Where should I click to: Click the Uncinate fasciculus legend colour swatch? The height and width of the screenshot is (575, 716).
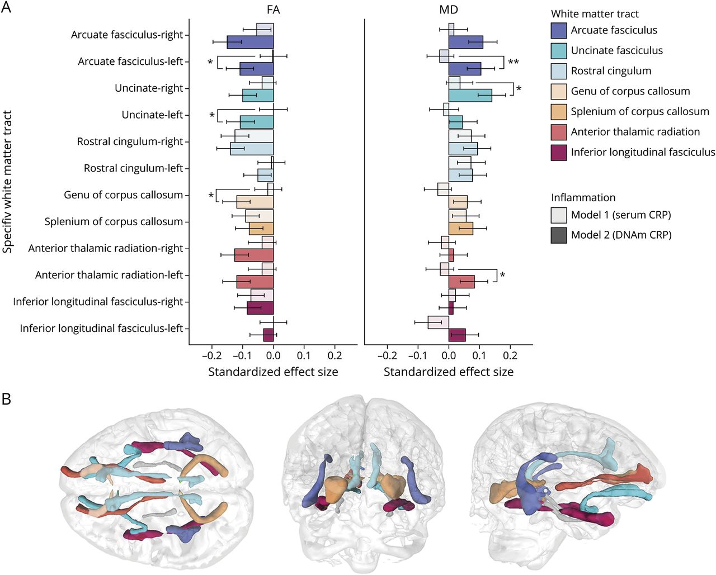(x=559, y=51)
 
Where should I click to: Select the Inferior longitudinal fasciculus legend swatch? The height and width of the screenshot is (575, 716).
(x=559, y=153)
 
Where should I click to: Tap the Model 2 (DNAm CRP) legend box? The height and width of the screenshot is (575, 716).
(x=559, y=235)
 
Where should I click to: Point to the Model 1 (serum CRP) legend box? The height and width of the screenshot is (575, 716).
(x=559, y=215)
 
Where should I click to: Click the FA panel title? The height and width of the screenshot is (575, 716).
(x=273, y=9)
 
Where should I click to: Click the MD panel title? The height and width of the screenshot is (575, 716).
(x=449, y=9)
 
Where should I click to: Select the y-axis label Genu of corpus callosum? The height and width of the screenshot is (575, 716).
(x=123, y=195)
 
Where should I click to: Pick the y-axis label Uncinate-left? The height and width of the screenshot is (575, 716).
(x=152, y=115)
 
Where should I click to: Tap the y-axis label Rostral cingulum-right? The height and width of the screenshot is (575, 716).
(x=130, y=142)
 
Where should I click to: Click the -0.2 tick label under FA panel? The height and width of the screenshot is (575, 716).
(x=211, y=356)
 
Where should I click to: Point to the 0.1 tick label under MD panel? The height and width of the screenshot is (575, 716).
(x=479, y=356)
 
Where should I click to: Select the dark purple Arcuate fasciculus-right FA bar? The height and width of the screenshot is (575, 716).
(x=250, y=42)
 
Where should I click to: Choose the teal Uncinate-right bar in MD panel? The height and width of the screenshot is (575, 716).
(x=470, y=96)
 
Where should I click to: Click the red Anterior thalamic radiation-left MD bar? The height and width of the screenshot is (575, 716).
(x=461, y=282)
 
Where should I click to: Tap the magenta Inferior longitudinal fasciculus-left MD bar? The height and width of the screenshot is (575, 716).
(x=457, y=335)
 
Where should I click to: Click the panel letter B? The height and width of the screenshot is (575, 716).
(x=6, y=398)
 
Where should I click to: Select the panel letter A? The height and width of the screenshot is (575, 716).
(x=6, y=8)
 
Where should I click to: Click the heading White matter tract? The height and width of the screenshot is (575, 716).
(x=595, y=14)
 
